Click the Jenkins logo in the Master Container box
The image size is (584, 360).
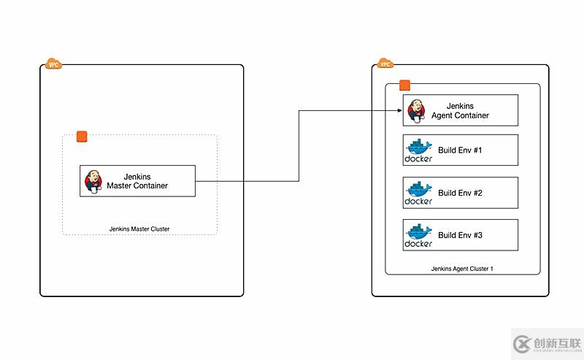[94, 180]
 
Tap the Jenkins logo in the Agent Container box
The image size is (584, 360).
[415, 110]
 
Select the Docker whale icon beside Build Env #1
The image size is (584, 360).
[418, 150]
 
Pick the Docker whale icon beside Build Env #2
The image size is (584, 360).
[418, 192]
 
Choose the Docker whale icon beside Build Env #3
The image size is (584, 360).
[418, 234]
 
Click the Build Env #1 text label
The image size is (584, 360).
[460, 150]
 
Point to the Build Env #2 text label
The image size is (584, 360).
[460, 193]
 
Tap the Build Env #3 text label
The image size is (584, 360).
[460, 235]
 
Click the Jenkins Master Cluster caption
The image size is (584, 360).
[139, 229]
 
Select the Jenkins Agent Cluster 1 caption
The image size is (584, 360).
[462, 269]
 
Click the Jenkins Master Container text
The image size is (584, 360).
[137, 180]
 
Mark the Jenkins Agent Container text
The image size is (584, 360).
[461, 110]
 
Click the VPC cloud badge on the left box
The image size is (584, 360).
[53, 64]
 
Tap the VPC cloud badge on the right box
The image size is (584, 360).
[385, 64]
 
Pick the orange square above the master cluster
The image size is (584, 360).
[82, 137]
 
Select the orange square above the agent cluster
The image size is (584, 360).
[404, 86]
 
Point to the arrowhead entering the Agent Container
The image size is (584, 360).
[399, 111]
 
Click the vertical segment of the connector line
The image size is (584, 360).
[299, 146]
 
